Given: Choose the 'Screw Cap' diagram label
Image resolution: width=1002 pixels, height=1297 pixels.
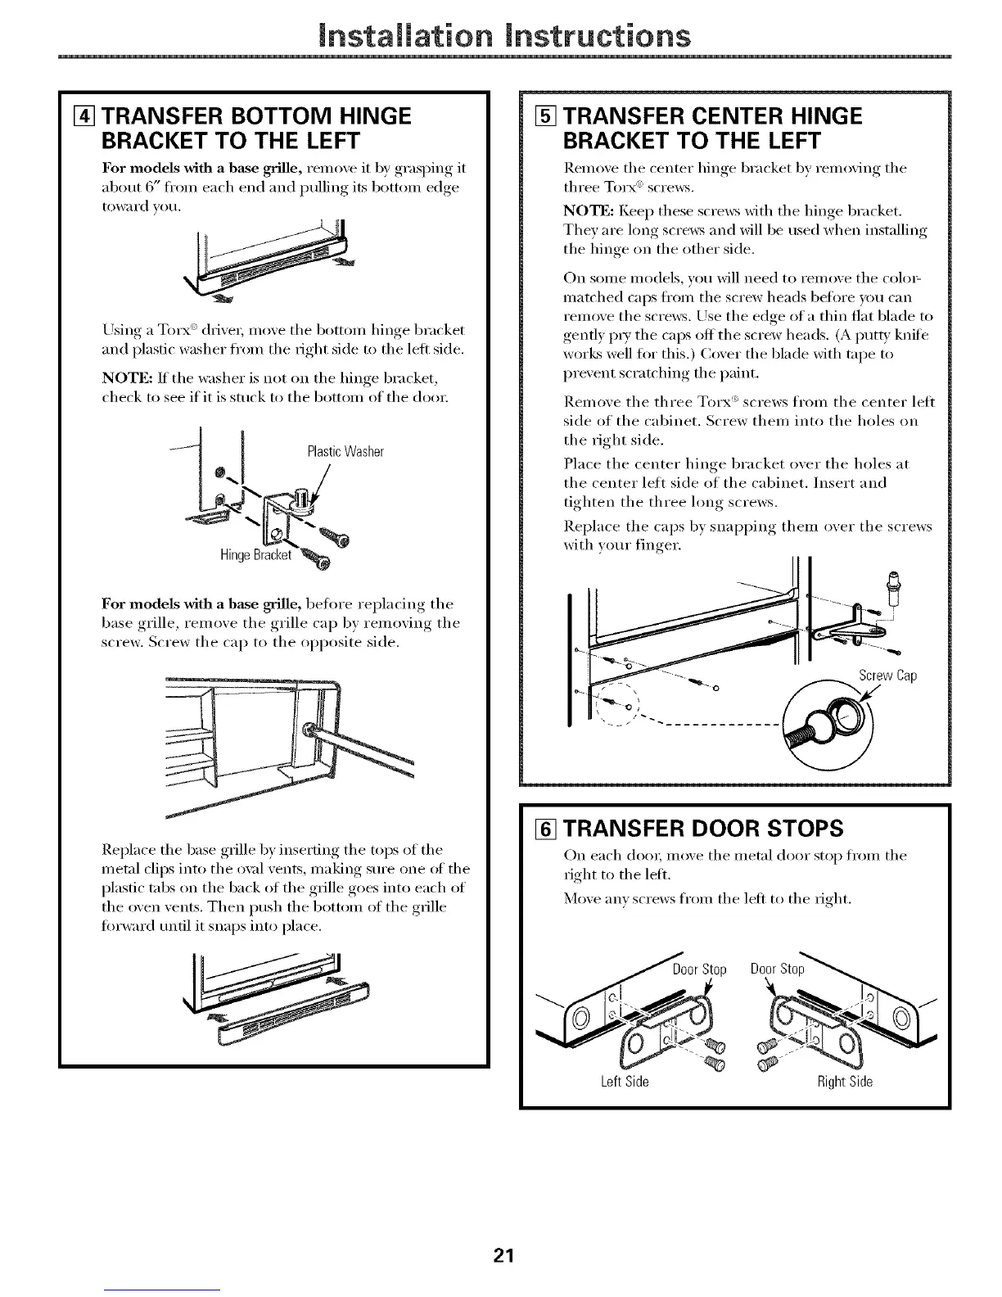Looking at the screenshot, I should pos(887,676).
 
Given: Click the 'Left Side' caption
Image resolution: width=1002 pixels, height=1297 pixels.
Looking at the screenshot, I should pos(625,1082).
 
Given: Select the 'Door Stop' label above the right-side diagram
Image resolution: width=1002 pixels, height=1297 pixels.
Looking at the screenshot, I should pos(778,969).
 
